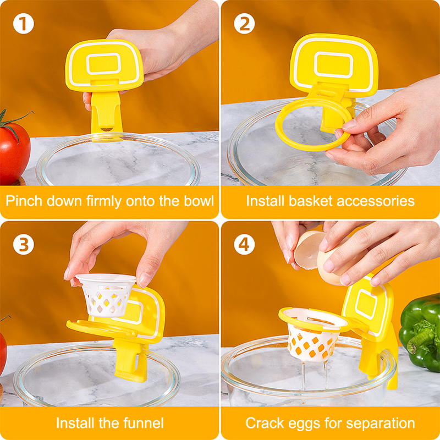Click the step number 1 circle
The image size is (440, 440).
24,24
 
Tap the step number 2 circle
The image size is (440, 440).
244,24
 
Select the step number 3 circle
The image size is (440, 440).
24,244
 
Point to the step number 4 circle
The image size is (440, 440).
244,244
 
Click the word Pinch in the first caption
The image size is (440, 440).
25,201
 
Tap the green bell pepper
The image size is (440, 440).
420,333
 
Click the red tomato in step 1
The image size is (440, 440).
14,152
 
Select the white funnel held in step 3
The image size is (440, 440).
106,295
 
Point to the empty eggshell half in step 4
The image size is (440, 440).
308,250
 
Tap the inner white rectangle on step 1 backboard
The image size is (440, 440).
103,64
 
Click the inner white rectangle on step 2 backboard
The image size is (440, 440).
333,65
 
